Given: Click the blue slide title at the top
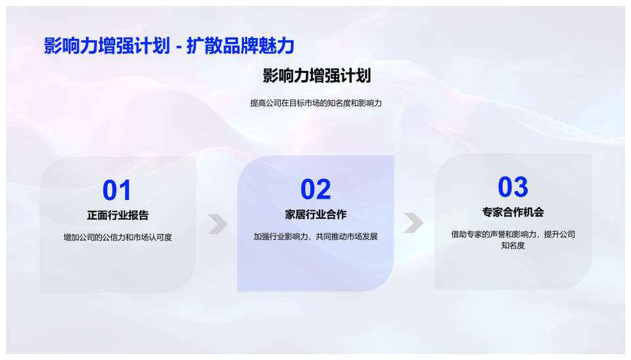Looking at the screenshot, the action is pyautogui.click(x=169, y=45).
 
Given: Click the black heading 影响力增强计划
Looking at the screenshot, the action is pyautogui.click(x=317, y=76).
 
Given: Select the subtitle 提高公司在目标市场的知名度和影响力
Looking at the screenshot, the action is pyautogui.click(x=316, y=103).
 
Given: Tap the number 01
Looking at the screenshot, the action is pyautogui.click(x=117, y=190).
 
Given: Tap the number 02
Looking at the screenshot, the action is pyautogui.click(x=315, y=189).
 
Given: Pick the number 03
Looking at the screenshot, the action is pyautogui.click(x=513, y=187).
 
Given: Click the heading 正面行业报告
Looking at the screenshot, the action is pyautogui.click(x=118, y=215).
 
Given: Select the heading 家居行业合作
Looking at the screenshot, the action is pyautogui.click(x=316, y=214).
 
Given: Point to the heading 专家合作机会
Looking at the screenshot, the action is pyautogui.click(x=513, y=212).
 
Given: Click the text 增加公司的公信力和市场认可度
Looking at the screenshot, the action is pyautogui.click(x=118, y=237).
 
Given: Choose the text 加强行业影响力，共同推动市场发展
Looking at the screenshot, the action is pyautogui.click(x=315, y=236).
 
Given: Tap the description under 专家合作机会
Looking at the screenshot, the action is pyautogui.click(x=513, y=240).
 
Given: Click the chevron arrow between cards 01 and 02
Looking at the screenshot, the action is pyautogui.click(x=218, y=224).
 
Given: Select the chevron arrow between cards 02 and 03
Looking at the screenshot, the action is pyautogui.click(x=413, y=223).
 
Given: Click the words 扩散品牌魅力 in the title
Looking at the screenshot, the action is pyautogui.click(x=241, y=45).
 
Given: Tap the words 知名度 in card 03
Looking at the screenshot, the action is pyautogui.click(x=513, y=245).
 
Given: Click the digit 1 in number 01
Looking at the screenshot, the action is pyautogui.click(x=125, y=190).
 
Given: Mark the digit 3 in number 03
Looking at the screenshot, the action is pyautogui.click(x=521, y=187).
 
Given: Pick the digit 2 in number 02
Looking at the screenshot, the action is pyautogui.click(x=323, y=189).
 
